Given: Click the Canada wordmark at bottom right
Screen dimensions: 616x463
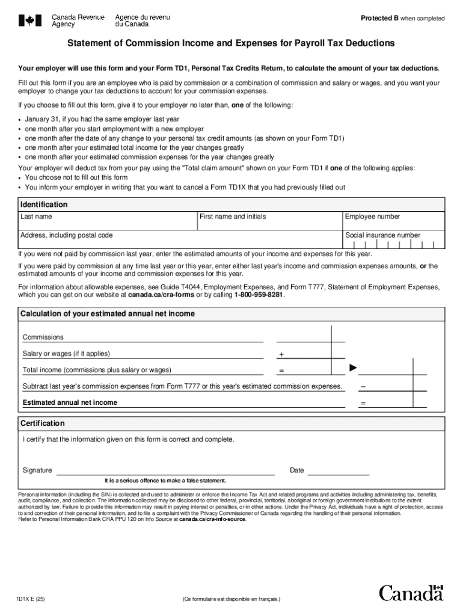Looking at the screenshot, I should pos(411,593).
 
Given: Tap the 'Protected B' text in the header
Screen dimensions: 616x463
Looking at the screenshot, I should pos(379,19).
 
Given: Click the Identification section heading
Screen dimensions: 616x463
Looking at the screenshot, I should pos(44,205).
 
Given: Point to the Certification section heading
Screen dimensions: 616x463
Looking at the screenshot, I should pos(43,423).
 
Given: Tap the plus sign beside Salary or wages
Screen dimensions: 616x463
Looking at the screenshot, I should pos(281,355).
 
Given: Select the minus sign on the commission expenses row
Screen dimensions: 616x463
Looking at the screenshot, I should pos(363,386).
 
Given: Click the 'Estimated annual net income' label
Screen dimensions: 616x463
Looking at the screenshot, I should pos(70,402).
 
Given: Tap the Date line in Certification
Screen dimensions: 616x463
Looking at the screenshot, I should pos(339,470).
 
